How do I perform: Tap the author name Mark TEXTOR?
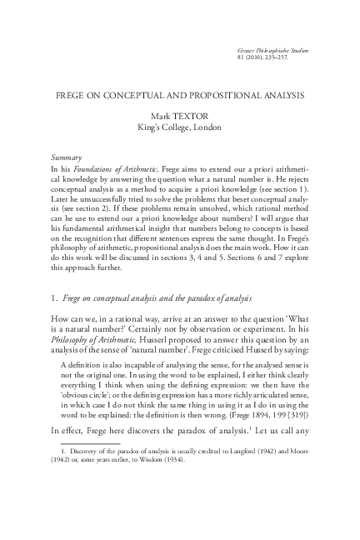coord(180,117)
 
